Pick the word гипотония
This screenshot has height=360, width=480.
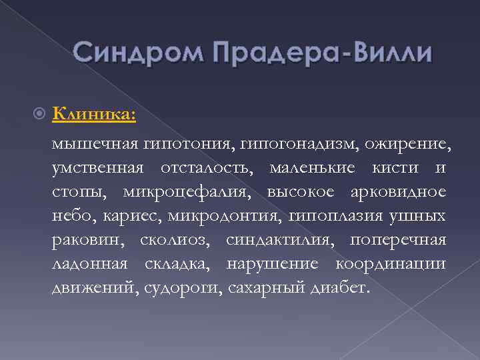tap(177, 143)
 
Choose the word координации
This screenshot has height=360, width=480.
tap(391, 264)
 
